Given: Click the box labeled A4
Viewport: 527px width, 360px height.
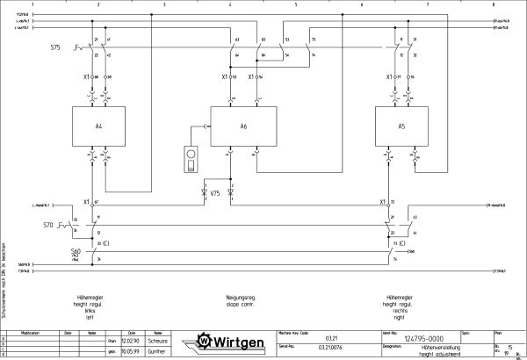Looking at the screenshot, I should [x=99, y=126].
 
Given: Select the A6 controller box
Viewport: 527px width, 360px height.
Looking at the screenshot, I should [x=243, y=126].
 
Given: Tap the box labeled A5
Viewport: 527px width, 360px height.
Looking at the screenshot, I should [x=401, y=126].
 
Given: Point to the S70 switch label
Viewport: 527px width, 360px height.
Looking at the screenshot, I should [x=48, y=226].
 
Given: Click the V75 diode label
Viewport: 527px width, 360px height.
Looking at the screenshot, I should [x=215, y=192].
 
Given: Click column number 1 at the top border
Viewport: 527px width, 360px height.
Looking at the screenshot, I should [x=32, y=4].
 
